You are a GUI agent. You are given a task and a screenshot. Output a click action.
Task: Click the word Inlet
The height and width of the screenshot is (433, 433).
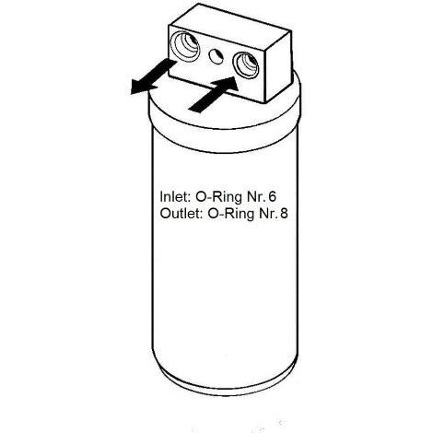173,196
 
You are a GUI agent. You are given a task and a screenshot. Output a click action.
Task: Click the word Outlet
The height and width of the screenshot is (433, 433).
180,213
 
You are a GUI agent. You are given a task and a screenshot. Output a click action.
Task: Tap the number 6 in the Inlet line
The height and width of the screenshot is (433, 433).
272,196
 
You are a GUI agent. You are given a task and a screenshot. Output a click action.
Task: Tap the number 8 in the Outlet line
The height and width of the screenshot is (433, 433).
284,213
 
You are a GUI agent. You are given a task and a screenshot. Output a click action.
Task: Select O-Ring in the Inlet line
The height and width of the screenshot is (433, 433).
219,197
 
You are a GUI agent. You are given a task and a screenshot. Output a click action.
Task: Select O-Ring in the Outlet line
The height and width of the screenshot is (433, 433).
231,214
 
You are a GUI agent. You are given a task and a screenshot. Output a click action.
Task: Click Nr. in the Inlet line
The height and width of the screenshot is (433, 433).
256,196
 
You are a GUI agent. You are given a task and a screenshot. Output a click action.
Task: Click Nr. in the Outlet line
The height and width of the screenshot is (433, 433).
268,213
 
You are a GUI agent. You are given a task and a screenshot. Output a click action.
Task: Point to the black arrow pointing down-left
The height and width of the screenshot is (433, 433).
153,76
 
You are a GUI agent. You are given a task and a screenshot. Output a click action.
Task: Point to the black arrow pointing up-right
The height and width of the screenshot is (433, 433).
214,95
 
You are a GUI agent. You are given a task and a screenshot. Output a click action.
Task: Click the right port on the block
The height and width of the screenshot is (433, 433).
246,65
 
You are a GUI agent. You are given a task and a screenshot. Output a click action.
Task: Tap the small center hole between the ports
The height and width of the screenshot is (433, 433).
216,56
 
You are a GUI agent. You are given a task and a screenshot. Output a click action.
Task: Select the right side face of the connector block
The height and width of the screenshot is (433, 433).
279,67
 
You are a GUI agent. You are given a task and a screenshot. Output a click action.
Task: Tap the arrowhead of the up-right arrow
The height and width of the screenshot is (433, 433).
228,84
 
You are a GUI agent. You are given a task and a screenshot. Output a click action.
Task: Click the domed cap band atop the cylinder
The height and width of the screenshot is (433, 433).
224,123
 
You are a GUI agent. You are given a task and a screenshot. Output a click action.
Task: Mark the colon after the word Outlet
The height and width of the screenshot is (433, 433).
201,215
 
